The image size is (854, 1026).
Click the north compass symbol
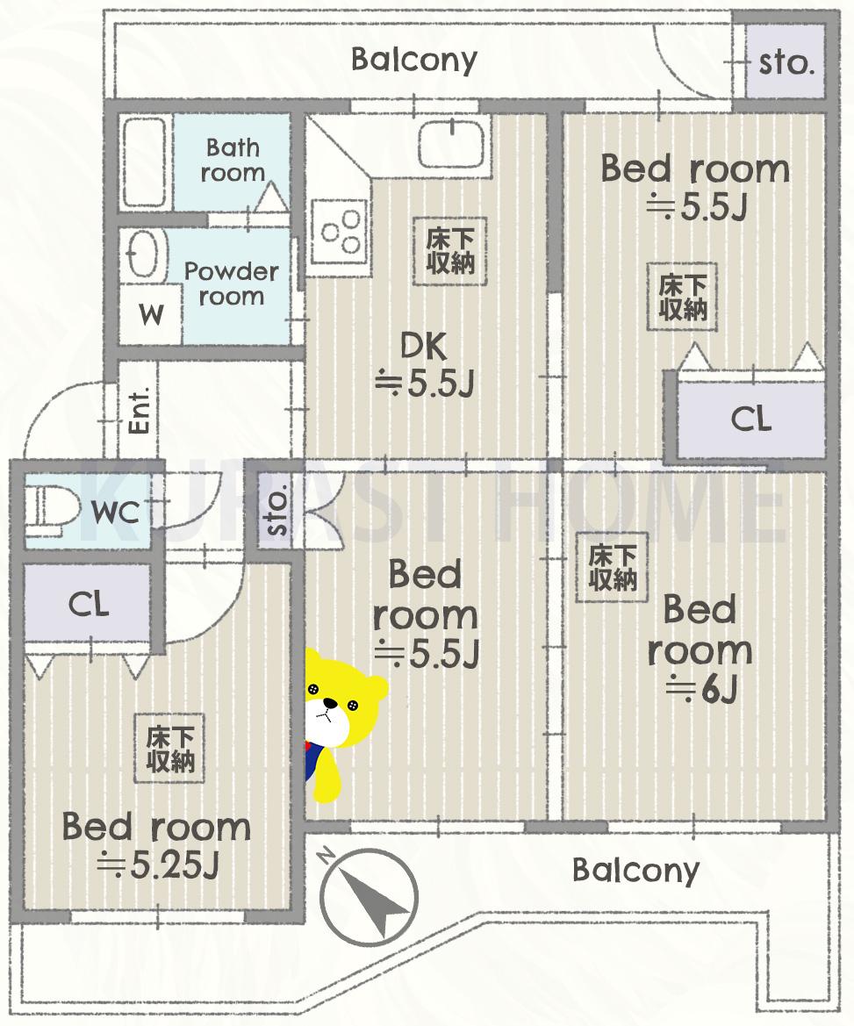368,893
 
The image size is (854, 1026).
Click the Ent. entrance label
139,409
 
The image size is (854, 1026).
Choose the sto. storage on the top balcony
785,62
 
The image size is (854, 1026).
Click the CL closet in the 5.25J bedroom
89,605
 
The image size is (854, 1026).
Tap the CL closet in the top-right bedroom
751,419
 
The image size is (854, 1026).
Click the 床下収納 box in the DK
450,250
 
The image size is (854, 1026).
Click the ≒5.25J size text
157,866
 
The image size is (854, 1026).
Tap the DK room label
424,348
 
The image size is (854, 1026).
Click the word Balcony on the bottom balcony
635,870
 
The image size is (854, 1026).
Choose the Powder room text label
231,283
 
